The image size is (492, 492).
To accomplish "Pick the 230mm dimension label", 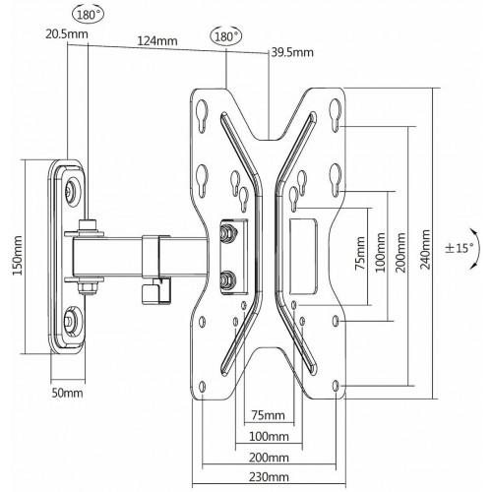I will (x=268, y=477).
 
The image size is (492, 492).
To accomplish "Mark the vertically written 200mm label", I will (x=400, y=253).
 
